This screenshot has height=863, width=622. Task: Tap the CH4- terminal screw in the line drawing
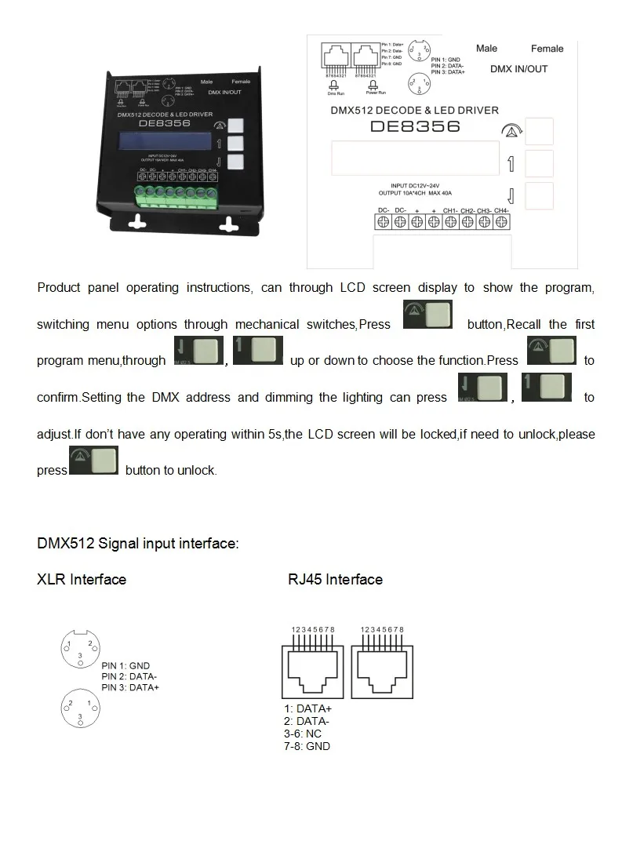pyautogui.click(x=500, y=222)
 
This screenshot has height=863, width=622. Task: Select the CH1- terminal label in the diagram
pyautogui.click(x=450, y=210)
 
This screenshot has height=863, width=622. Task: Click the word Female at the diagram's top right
pyautogui.click(x=547, y=49)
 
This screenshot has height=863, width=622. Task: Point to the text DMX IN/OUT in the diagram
pyautogui.click(x=518, y=69)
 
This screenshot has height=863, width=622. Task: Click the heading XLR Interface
pyautogui.click(x=82, y=580)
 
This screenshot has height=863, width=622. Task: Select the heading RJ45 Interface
pyautogui.click(x=335, y=580)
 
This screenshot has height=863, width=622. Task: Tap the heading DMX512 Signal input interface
pyautogui.click(x=137, y=543)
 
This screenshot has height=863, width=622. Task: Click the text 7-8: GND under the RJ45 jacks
pyautogui.click(x=307, y=746)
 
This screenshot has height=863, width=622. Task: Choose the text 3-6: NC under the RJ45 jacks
pyautogui.click(x=303, y=734)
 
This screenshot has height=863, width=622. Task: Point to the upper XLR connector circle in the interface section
pyautogui.click(x=81, y=649)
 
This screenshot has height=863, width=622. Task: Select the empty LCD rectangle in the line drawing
pyautogui.click(x=415, y=158)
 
